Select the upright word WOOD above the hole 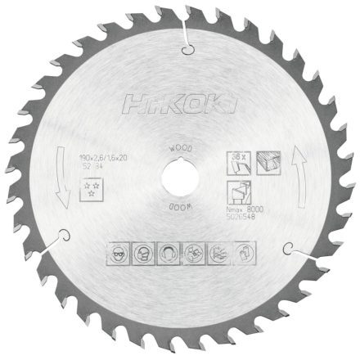click(x=180, y=150)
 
